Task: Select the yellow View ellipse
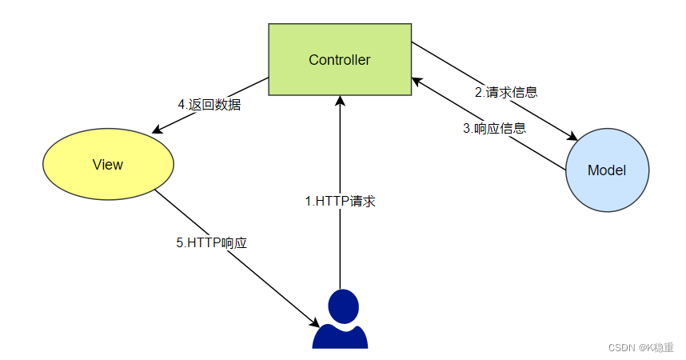pos(108,165)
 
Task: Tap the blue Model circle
pos(607,170)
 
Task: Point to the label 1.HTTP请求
pos(340,202)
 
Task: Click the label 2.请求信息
pos(506,92)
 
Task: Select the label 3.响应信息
pos(494,128)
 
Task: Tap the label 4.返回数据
pos(209,105)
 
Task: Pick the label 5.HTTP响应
pos(212,243)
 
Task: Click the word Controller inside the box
pos(340,60)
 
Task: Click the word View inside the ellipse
pos(108,165)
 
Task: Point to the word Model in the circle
pos(607,170)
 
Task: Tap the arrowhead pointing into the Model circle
pos(573,138)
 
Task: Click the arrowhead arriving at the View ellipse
pos(156,130)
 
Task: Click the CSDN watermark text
pos(640,347)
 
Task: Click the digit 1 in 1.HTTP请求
pos(308,202)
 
